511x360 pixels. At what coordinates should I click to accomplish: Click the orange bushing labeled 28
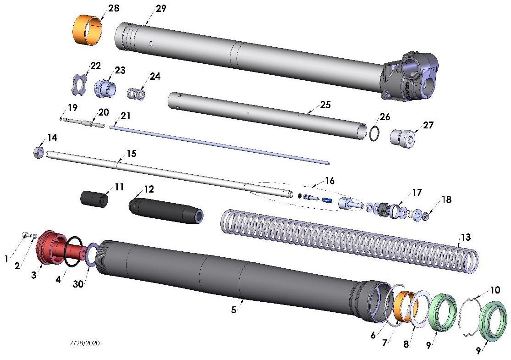(x=87, y=30)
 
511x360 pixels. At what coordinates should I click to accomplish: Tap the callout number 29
(x=161, y=9)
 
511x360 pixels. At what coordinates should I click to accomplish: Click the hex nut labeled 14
(x=38, y=152)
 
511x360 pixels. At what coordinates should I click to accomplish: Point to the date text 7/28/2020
(x=85, y=343)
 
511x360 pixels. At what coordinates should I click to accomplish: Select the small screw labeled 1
(x=26, y=236)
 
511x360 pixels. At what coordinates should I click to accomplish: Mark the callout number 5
(x=234, y=310)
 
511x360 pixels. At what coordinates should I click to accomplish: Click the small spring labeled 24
(x=136, y=94)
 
